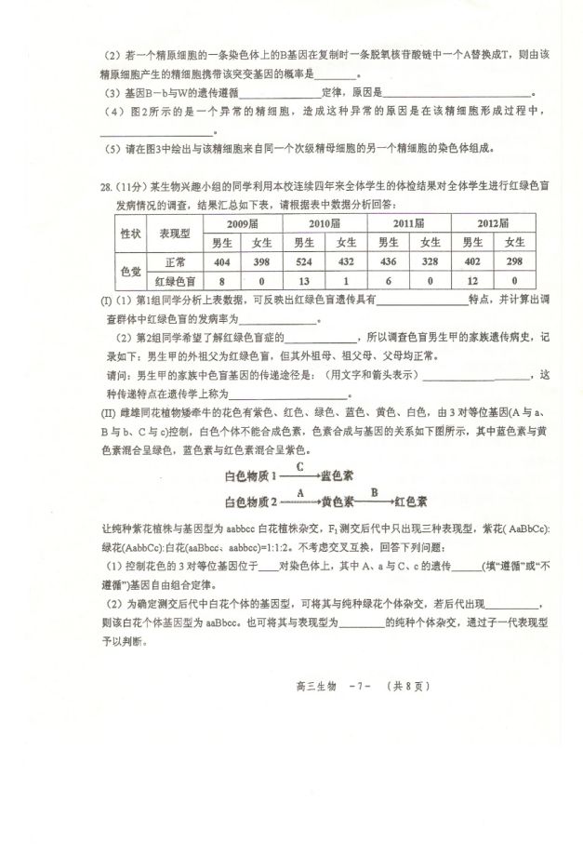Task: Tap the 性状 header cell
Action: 128,233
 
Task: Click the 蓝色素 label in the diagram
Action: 337,475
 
